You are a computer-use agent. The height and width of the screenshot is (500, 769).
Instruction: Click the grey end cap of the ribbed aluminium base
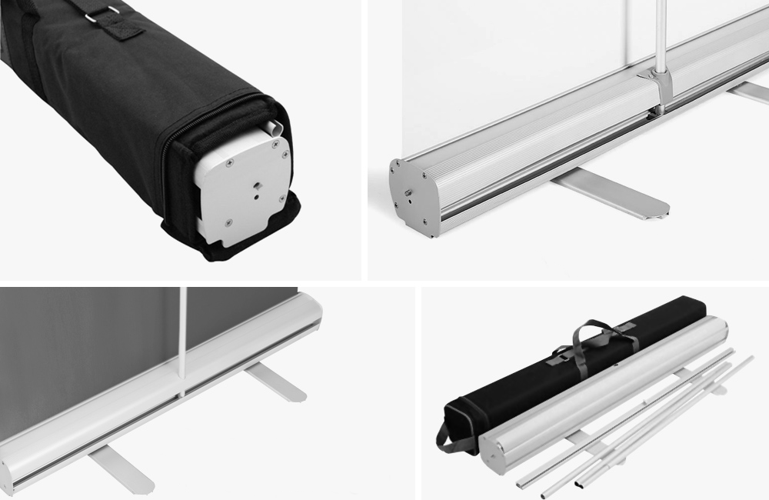pyautogui.click(x=414, y=192)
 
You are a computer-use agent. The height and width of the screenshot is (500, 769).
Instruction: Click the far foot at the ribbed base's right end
pyautogui.click(x=750, y=93)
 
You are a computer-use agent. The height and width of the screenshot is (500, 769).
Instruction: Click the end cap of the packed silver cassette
pyautogui.click(x=501, y=458)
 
